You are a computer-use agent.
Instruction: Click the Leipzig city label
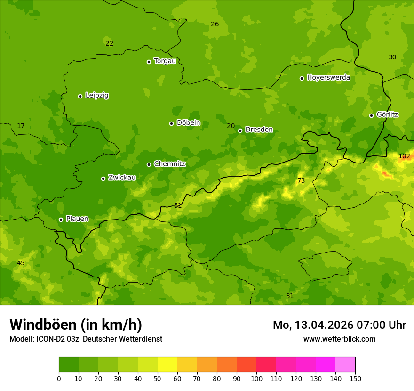tap(97, 95)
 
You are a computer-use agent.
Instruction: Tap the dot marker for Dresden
tap(240, 130)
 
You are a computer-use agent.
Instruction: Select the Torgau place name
tap(165, 61)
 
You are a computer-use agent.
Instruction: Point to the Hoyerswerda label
tap(328, 77)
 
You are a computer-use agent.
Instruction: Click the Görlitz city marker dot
tap(371, 115)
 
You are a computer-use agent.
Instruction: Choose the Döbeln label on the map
tap(188, 122)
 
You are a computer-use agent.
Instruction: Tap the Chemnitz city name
tap(169, 164)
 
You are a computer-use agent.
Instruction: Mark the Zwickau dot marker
tap(103, 179)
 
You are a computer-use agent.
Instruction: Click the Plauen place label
tap(77, 219)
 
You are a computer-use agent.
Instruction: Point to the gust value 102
tap(404, 156)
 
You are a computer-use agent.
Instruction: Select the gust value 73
tap(301, 180)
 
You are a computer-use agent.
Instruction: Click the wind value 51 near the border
tap(178, 205)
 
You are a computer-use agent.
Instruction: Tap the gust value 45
tap(21, 263)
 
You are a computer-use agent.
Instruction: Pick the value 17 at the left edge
tap(21, 126)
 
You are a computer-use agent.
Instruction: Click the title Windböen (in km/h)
tap(76, 325)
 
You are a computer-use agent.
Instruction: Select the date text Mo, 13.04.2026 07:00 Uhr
tap(339, 325)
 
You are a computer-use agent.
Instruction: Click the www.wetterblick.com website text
tap(339, 339)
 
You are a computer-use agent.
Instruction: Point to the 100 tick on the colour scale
tap(256, 378)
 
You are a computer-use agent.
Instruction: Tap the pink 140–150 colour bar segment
tap(345, 365)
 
